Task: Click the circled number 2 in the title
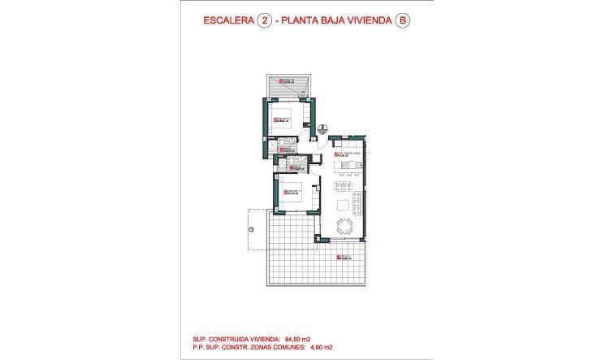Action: click(263, 23)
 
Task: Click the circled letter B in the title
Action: click(401, 23)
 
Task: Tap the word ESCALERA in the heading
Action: click(226, 23)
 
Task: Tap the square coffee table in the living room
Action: click(344, 204)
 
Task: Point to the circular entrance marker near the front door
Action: click(322, 128)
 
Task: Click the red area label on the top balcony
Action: click(286, 80)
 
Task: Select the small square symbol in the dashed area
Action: click(251, 229)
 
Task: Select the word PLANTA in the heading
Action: click(301, 23)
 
